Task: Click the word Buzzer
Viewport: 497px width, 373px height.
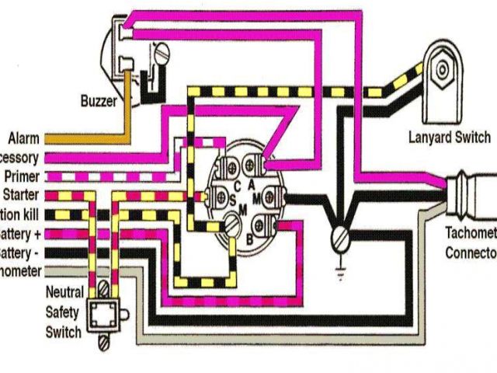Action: tap(99, 100)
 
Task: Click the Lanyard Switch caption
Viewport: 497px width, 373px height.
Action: tap(449, 138)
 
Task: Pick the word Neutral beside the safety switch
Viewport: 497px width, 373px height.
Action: tap(65, 293)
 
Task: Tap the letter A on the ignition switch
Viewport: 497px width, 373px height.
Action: tap(251, 183)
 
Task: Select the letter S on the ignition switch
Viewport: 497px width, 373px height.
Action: tap(232, 200)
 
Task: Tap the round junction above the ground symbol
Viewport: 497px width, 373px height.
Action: tap(339, 236)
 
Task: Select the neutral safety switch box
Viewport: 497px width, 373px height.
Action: tap(101, 315)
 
